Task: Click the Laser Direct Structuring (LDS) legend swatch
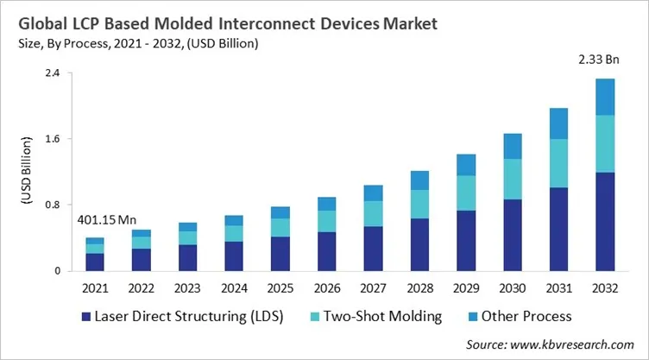(86, 316)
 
